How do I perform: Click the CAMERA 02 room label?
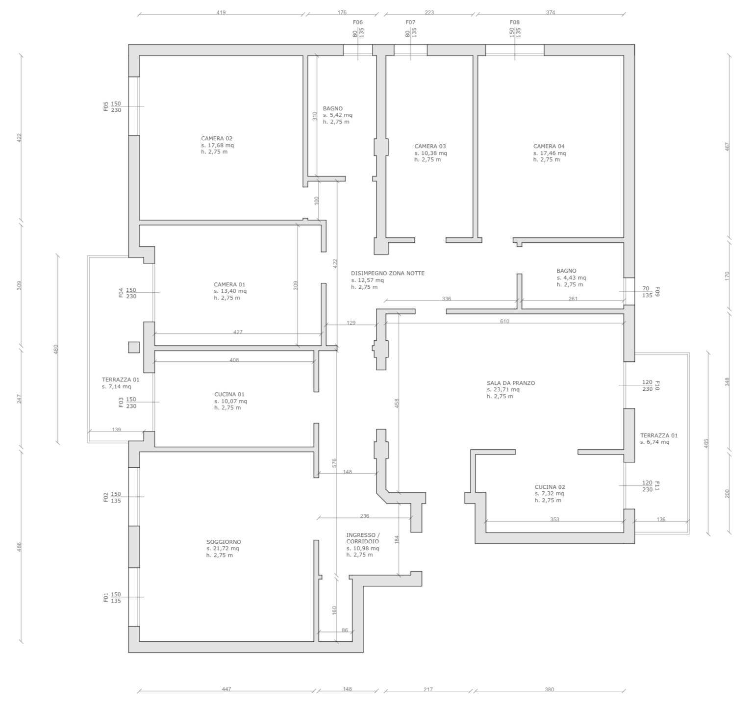point(217,138)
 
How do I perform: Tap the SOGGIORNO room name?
point(224,542)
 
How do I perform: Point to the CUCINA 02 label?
point(550,487)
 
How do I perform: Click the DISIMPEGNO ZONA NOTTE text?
point(388,273)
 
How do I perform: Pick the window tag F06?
point(358,22)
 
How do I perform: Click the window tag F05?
point(105,106)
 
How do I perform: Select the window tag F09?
point(658,292)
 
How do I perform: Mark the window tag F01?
point(105,597)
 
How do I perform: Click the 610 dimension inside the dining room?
point(504,321)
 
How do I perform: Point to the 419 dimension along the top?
point(221,12)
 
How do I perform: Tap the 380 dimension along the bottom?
point(550,689)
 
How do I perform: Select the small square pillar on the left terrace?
point(134,347)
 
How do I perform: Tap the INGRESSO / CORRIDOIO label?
point(363,538)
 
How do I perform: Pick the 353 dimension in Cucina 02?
point(554,519)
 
